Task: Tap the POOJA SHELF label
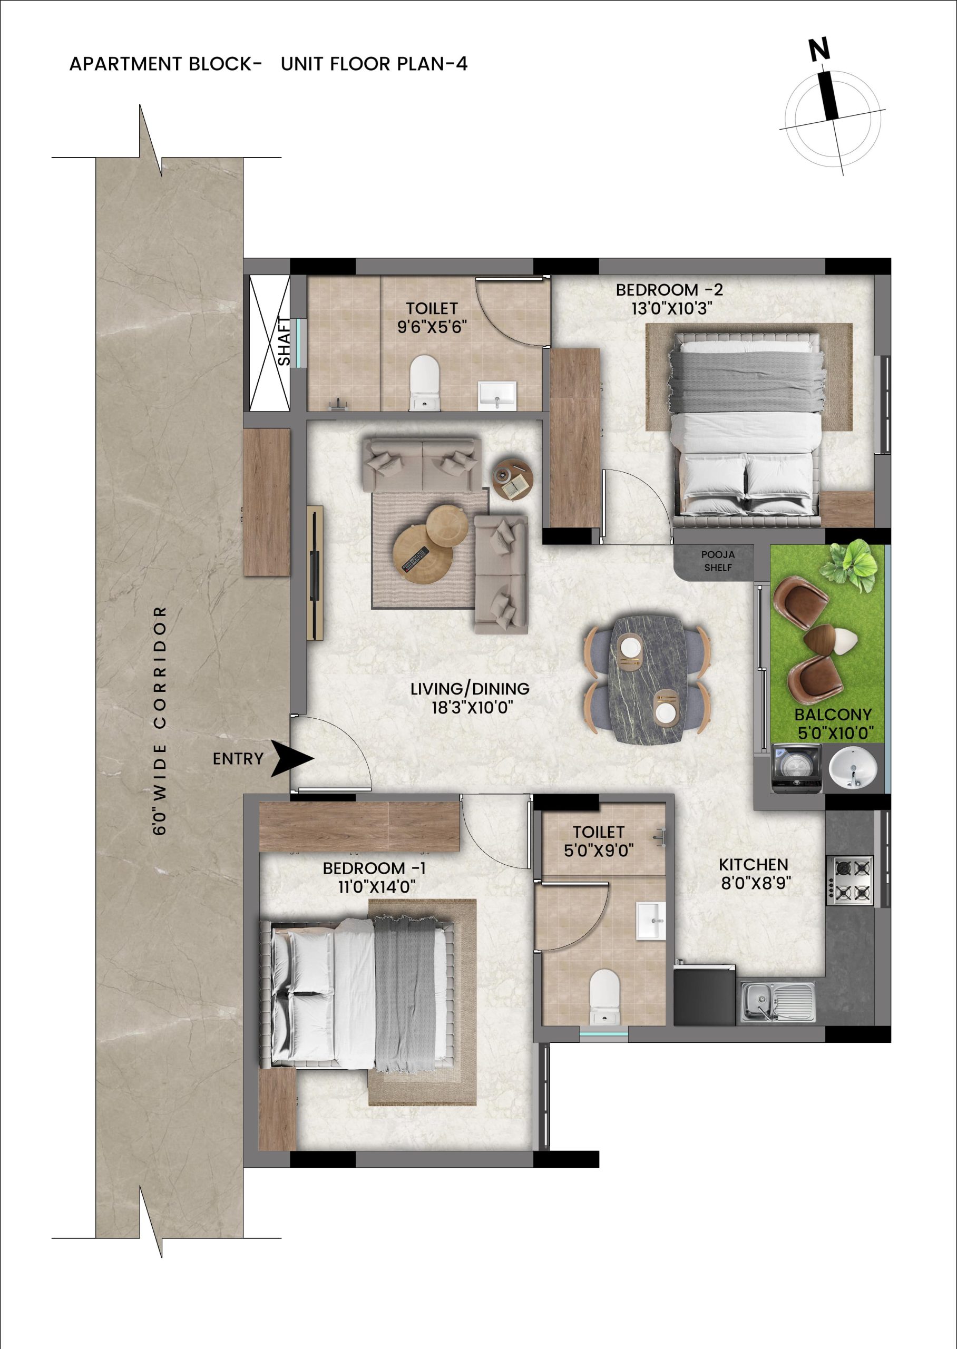point(718,561)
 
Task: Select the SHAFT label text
point(285,341)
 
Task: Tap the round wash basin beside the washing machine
point(853,768)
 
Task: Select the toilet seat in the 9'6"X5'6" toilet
point(424,383)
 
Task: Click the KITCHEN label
point(753,864)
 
